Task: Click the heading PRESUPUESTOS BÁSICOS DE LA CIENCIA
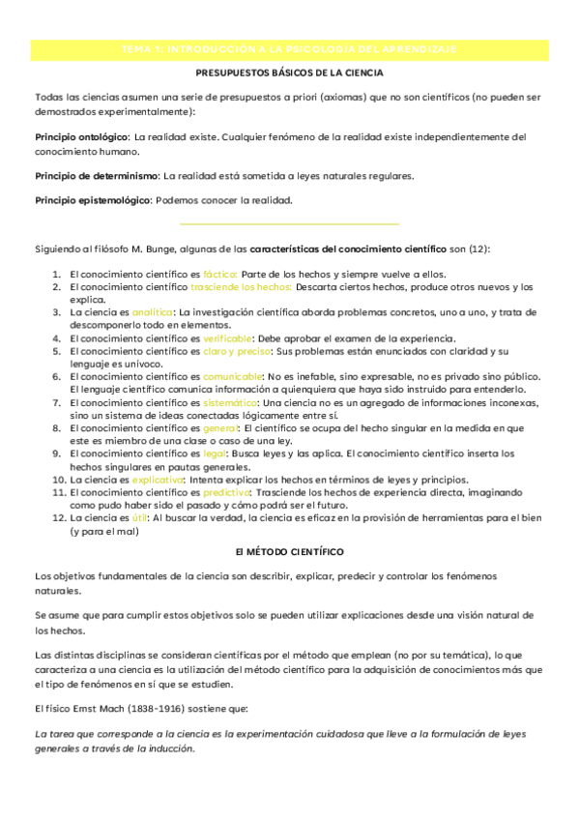(289, 73)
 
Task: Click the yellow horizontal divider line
(289, 223)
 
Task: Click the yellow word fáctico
(219, 274)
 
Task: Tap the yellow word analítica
(153, 312)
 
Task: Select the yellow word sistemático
(230, 401)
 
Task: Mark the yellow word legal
(214, 453)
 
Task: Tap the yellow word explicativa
(158, 480)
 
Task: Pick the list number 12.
(58, 518)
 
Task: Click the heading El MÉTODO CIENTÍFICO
(289, 551)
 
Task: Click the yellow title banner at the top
(289, 48)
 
